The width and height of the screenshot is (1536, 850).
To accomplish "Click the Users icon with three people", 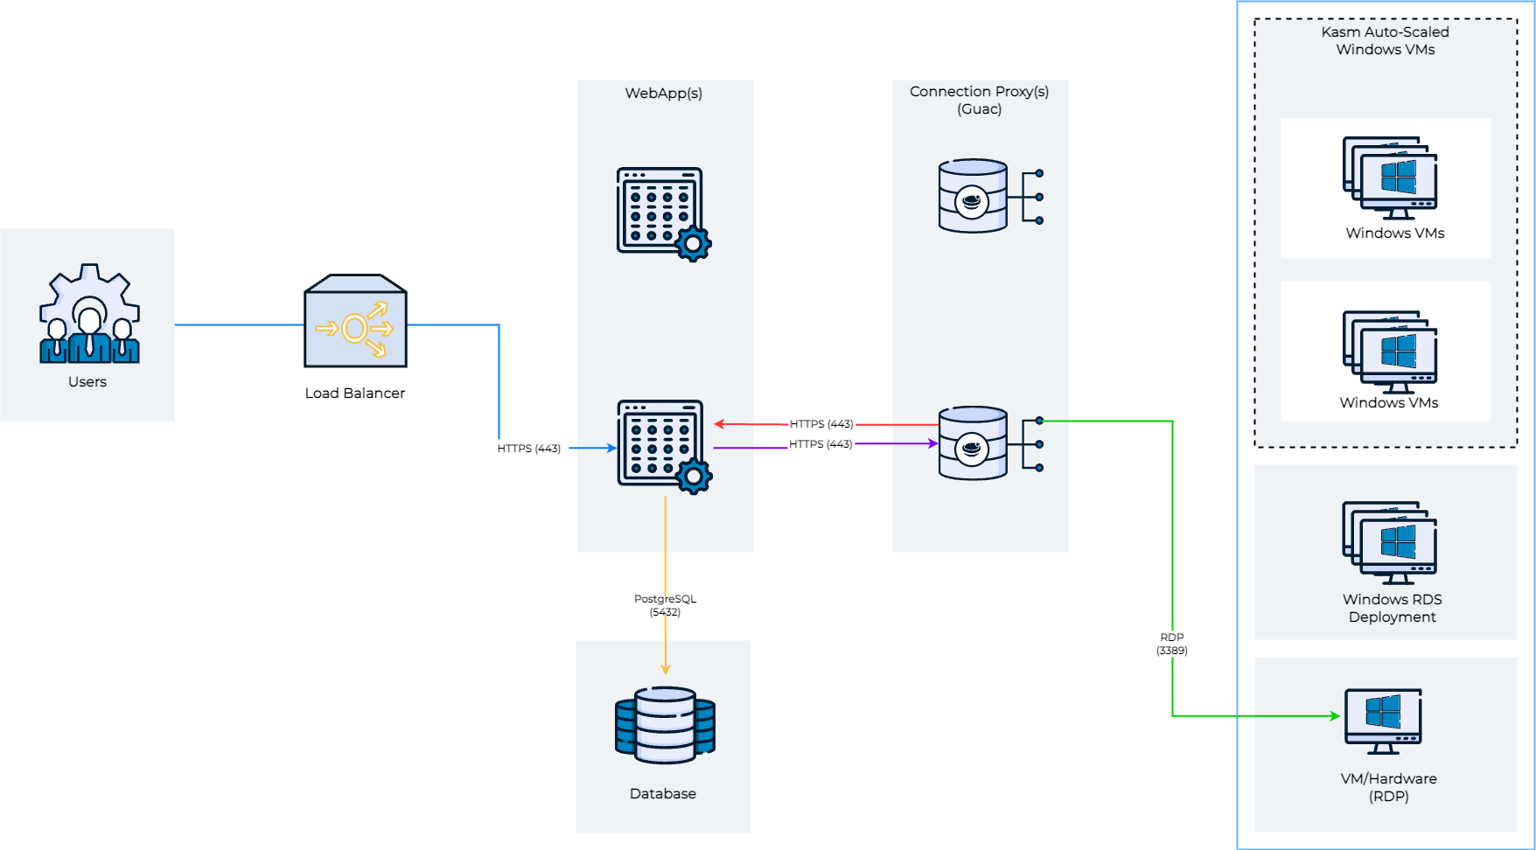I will tap(89, 315).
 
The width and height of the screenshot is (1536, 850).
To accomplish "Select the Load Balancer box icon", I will tap(355, 322).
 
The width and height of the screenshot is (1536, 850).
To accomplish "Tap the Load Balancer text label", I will tap(355, 394).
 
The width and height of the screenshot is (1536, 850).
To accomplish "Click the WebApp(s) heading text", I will tap(663, 94).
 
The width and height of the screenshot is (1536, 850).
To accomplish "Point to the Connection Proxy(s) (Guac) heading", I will tap(979, 100).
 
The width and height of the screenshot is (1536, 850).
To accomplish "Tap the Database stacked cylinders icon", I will tap(665, 725).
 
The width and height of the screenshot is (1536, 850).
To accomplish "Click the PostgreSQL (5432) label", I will tap(665, 605).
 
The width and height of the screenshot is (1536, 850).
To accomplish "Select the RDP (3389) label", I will tap(1172, 644).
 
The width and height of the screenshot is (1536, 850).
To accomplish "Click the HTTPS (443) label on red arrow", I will tap(821, 424).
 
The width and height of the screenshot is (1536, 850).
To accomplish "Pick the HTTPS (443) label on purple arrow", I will tap(820, 444).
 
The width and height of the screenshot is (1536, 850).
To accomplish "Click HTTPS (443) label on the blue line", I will tap(528, 449).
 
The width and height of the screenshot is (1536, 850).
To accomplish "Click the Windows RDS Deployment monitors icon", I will tap(1390, 542).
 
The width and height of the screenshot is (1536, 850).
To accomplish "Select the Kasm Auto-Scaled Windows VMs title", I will tap(1385, 40).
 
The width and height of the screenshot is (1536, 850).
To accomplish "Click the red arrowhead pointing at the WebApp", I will tap(719, 424).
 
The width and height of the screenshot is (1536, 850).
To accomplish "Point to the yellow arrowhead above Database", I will tap(665, 669).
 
